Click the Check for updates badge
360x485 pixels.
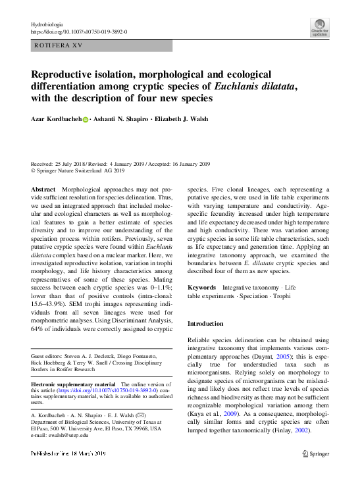coord(319,28)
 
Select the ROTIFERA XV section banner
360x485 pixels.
coord(101,45)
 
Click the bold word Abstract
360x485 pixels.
coord(43,189)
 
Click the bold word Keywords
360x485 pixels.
coord(202,288)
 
